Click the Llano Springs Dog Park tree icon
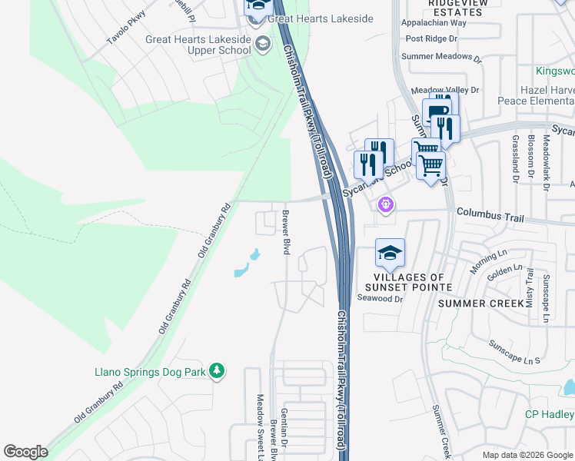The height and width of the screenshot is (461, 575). (x=218, y=371)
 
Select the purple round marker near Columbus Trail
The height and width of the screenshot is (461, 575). (x=386, y=204)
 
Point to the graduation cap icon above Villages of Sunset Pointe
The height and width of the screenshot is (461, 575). (x=390, y=253)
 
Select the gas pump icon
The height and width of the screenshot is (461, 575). (x=437, y=112)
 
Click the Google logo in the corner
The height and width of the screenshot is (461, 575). (x=25, y=452)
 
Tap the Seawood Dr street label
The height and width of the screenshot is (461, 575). (x=381, y=299)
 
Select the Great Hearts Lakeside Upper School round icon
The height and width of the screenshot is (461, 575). (x=263, y=43)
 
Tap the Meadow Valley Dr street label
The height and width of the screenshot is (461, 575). (x=445, y=90)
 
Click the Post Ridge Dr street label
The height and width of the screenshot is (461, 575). (x=430, y=38)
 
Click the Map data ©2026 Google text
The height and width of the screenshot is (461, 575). (x=527, y=455)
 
